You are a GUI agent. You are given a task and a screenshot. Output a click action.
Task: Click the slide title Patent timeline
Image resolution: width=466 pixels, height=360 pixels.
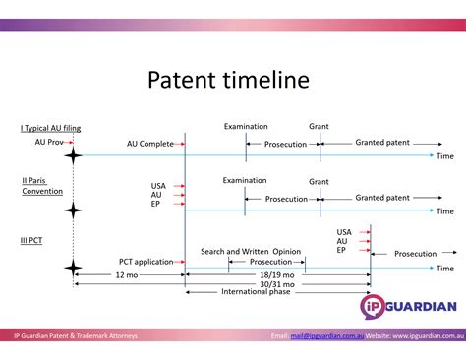(228, 79)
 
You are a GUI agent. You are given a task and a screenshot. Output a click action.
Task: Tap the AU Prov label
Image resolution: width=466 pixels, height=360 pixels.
(48, 143)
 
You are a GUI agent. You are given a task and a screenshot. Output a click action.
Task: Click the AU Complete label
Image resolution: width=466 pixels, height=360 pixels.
(149, 144)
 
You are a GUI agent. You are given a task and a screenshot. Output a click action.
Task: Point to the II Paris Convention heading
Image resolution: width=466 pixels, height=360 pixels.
(41, 185)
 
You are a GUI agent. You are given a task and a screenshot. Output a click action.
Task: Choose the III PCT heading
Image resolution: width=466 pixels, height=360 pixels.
(30, 239)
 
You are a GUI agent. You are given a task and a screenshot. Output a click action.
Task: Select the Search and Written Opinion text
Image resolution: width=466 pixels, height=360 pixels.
(251, 252)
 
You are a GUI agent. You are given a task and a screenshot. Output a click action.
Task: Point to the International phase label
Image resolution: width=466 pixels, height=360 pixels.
(255, 292)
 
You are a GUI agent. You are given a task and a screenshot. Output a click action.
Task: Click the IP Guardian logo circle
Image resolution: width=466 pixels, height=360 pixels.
(379, 306)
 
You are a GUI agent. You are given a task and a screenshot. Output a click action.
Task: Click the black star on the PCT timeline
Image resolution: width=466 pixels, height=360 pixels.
(72, 268)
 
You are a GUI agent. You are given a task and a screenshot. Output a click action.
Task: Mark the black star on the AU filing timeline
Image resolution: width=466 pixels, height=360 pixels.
(72, 155)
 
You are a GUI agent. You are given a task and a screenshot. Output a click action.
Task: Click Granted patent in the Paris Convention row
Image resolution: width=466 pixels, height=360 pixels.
(382, 198)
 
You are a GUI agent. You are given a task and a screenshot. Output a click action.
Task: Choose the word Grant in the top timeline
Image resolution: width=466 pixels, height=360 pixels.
(319, 127)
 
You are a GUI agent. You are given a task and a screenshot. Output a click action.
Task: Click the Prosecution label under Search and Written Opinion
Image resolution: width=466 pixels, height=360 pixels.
(269, 263)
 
